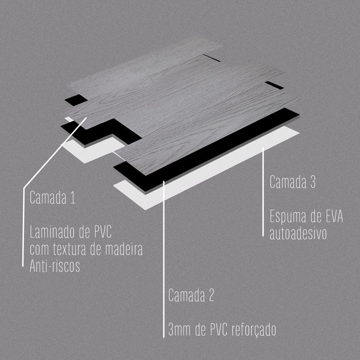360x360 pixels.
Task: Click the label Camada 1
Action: (x=53, y=198)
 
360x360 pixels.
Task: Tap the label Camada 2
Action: (x=191, y=295)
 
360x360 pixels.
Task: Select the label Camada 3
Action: (x=292, y=182)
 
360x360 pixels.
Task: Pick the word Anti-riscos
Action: (x=54, y=266)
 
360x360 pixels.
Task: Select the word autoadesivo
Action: (x=298, y=233)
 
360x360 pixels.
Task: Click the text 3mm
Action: (x=180, y=330)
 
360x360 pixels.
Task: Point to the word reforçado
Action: (x=254, y=330)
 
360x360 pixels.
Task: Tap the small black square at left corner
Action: (x=76, y=100)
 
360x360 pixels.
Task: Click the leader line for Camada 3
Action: (x=263, y=192)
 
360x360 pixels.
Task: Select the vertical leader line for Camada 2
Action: (x=164, y=259)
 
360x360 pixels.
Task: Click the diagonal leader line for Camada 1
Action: (x=55, y=153)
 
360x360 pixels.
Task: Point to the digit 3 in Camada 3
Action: (x=312, y=182)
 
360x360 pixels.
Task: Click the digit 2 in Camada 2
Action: (x=211, y=295)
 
